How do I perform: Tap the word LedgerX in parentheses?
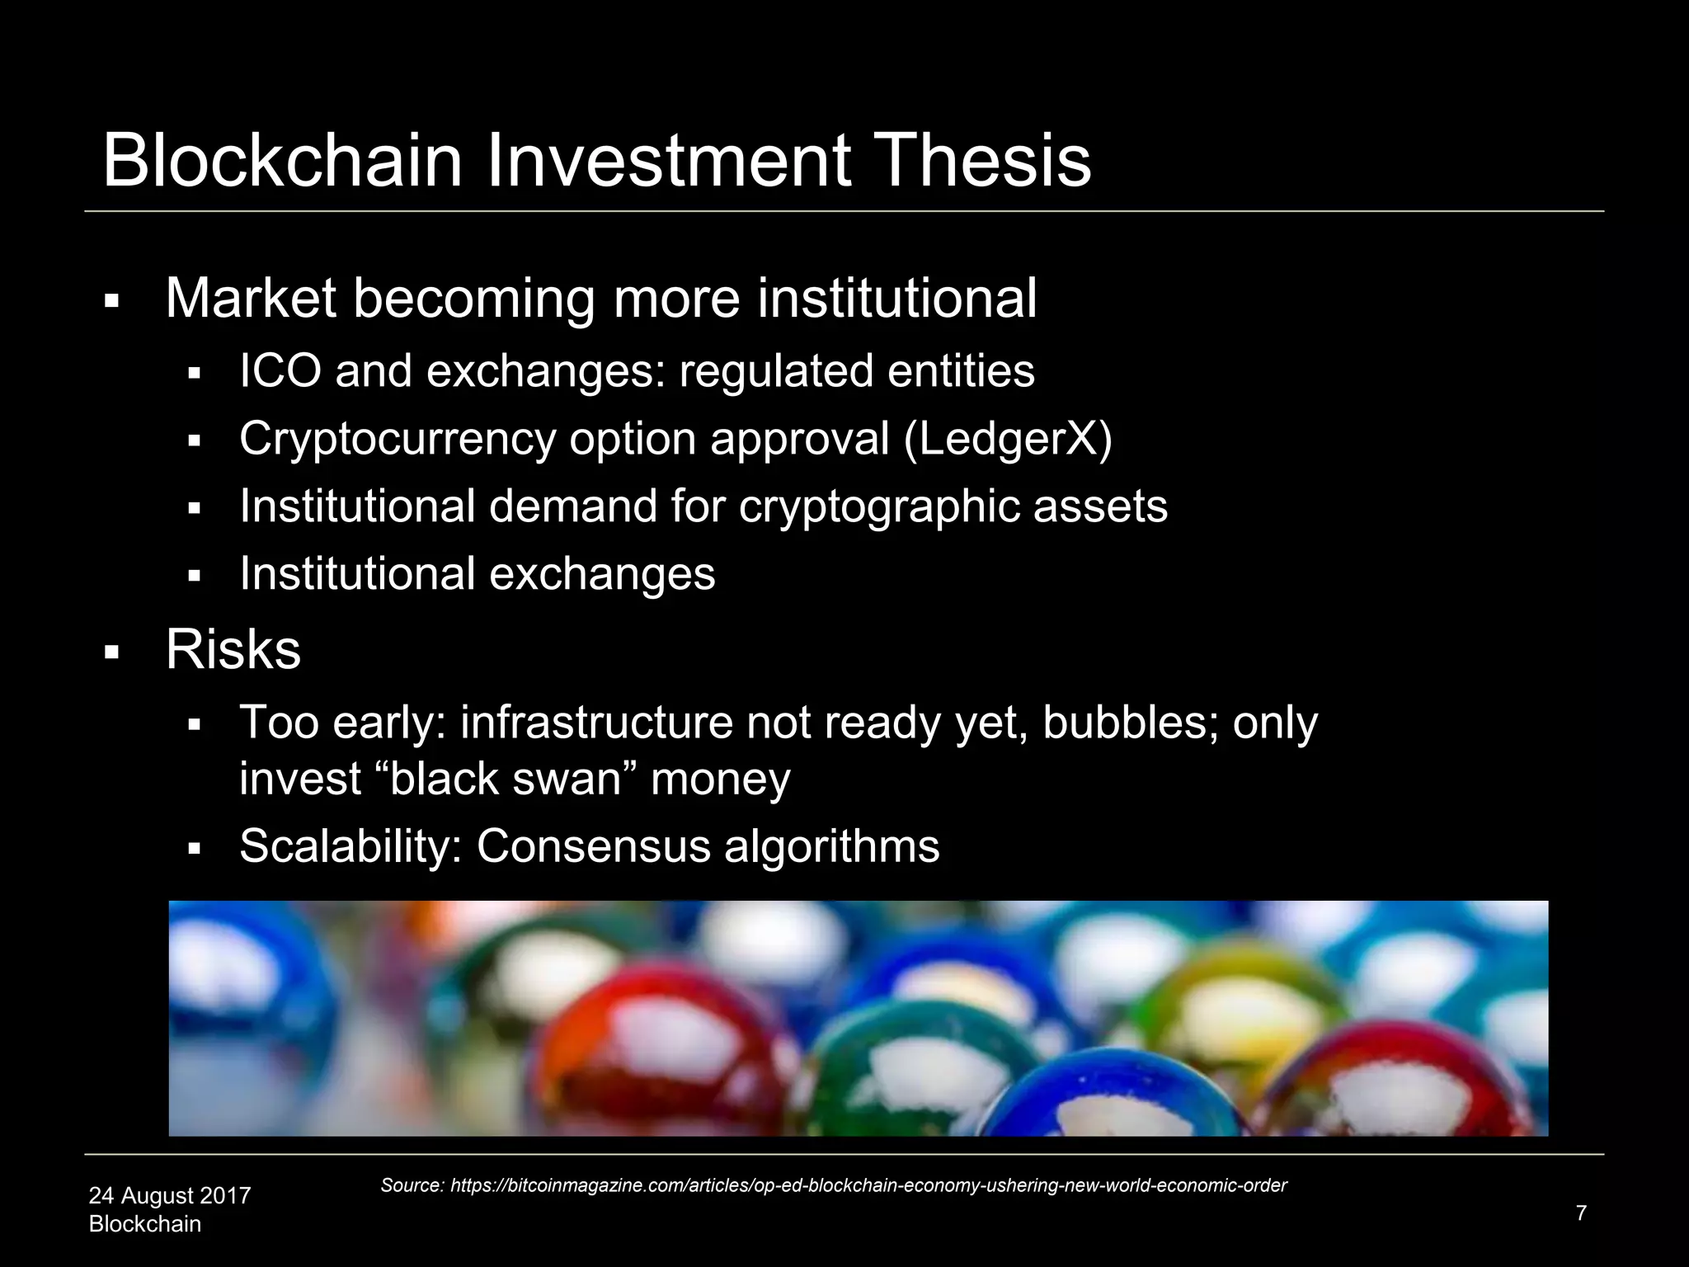[1008, 439]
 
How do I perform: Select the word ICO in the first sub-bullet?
[280, 370]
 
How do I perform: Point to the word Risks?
[233, 650]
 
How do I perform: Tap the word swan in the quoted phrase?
[569, 780]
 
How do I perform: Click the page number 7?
[1580, 1213]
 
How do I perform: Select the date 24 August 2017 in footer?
[170, 1195]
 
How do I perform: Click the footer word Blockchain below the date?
[145, 1224]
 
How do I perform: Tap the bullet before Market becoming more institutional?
[112, 301]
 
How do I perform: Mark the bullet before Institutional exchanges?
[195, 576]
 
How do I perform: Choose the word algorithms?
[832, 846]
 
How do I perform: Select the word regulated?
[775, 370]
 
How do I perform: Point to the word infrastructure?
[596, 723]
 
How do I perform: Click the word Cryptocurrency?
[398, 439]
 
